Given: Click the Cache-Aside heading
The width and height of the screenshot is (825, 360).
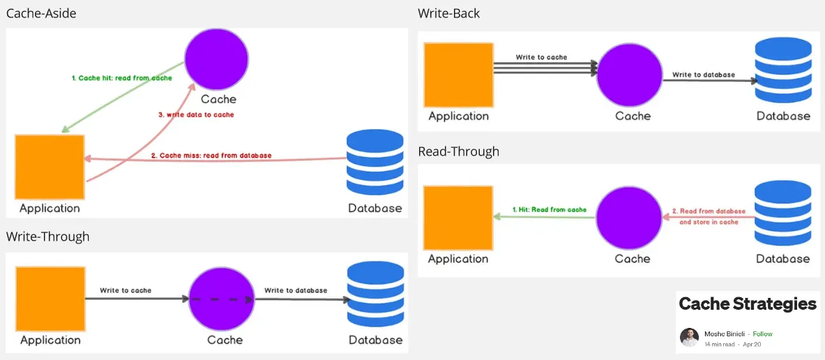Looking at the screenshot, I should click(x=41, y=13).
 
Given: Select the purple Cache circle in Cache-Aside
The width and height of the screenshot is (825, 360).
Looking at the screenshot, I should click(x=217, y=59).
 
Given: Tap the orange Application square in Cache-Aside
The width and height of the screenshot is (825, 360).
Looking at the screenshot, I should click(x=50, y=167).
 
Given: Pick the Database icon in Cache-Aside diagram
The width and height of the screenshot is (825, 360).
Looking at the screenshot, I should click(x=375, y=165).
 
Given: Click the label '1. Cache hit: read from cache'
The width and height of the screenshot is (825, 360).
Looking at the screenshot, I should click(x=121, y=78).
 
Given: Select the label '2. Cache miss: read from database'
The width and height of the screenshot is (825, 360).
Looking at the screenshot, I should click(x=211, y=155).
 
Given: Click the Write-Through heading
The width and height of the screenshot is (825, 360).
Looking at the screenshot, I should click(x=47, y=237).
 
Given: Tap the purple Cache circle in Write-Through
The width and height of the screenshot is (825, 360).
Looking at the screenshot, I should click(x=222, y=299).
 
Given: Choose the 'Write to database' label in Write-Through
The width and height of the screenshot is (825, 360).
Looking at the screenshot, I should click(x=296, y=290).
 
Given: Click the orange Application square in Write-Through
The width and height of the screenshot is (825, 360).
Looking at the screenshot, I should click(x=50, y=299).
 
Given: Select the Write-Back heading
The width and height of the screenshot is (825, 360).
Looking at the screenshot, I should click(x=448, y=13).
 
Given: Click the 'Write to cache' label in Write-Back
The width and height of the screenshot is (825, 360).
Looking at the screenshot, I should click(x=541, y=57).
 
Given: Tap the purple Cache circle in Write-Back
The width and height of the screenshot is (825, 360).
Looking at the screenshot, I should click(x=629, y=75).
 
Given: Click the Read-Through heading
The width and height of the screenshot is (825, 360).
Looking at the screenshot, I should click(x=458, y=151).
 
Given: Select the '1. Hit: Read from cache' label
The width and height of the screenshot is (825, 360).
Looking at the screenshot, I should click(x=550, y=209).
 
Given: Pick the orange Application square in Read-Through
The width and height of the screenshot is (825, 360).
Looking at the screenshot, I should click(x=458, y=218).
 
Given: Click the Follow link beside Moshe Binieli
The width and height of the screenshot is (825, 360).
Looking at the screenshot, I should click(x=763, y=334).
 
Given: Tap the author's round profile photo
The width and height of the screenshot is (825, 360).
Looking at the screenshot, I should click(x=689, y=337).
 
